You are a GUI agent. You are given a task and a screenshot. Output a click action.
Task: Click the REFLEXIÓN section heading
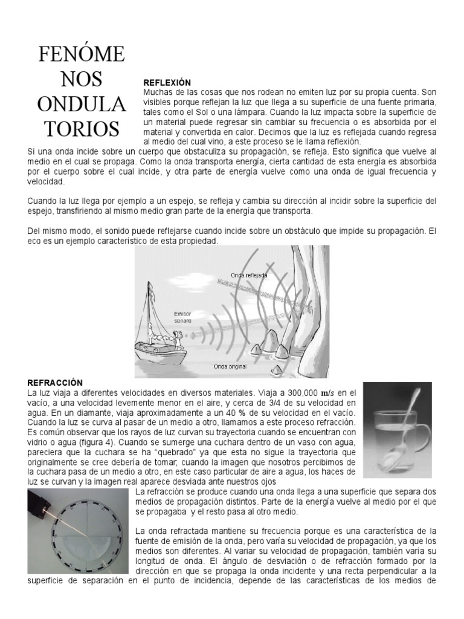coord(167,82)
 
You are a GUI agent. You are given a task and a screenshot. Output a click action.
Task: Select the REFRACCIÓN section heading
coord(55,382)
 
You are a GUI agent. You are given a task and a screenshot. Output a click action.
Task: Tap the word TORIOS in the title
coord(82,128)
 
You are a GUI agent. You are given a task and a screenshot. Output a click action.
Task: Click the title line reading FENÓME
coord(82,54)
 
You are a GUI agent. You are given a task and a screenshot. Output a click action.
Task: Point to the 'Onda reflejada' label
coord(249,275)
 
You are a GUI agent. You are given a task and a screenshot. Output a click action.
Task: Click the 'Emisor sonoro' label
coord(182,317)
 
